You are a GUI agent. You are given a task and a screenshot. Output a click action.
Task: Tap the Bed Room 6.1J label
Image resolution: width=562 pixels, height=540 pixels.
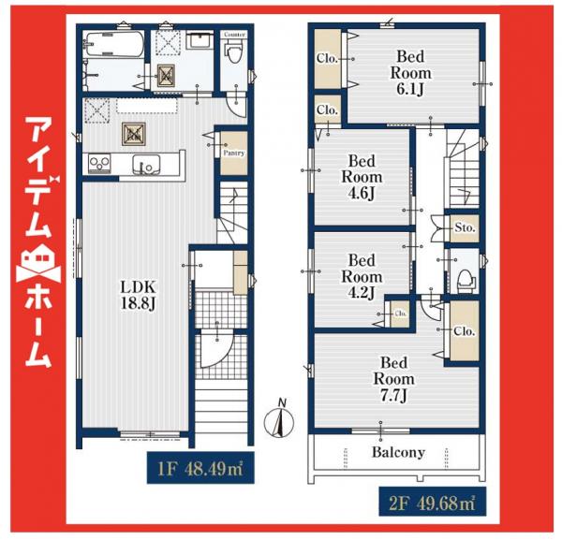[x=412, y=73]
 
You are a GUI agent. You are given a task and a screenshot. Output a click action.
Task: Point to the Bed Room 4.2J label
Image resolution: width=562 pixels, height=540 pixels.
[x=361, y=276]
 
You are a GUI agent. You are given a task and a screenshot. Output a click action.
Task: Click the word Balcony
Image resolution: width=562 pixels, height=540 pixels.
[x=397, y=452]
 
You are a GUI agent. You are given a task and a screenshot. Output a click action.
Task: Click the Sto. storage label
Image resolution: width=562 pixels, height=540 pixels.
[x=465, y=227]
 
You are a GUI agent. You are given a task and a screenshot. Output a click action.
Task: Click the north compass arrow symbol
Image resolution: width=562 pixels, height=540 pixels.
[x=278, y=422]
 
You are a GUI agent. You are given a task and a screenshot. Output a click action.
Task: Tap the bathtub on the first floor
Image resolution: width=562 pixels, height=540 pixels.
[x=111, y=44]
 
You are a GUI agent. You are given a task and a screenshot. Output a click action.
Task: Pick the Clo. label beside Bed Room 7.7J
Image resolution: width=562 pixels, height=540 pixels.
[x=465, y=331]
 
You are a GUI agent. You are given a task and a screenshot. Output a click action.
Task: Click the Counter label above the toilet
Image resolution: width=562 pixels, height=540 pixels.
[x=234, y=34]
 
